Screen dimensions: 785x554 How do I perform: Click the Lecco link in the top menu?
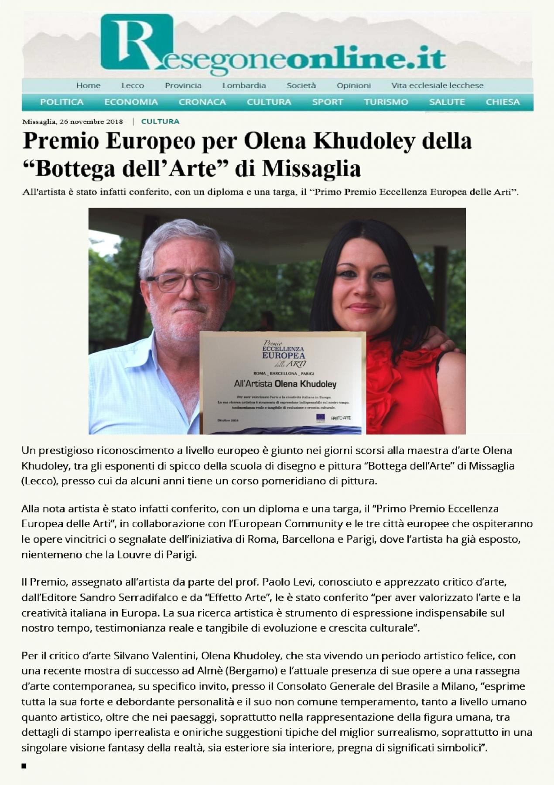coord(133,85)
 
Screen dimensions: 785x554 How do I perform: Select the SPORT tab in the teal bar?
coord(327,102)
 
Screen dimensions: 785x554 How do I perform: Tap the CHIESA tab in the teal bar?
coord(503,102)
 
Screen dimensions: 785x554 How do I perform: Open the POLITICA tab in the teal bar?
coord(62,102)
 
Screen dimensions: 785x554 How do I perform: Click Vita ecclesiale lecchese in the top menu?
coord(437,85)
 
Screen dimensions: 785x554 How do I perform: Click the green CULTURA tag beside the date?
coord(160,121)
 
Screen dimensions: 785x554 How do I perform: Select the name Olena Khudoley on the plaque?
coord(304,384)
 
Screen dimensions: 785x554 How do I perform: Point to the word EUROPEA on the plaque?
coord(284,356)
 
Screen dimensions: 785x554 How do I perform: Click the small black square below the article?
coord(24,765)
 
